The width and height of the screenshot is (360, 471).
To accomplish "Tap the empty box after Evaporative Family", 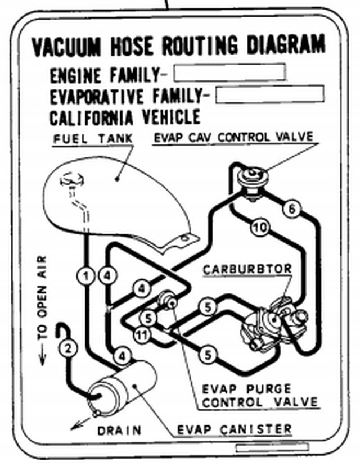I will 269,94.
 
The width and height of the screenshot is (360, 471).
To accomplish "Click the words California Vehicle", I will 125,117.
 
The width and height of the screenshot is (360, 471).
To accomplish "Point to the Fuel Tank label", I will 93,138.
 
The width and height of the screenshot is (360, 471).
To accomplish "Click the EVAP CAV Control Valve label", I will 233,138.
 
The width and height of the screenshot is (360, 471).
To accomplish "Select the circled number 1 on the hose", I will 85,275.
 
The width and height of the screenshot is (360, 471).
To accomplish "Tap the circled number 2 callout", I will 68,348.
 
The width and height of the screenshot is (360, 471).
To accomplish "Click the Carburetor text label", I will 248,269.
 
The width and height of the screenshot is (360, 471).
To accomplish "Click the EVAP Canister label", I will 235,430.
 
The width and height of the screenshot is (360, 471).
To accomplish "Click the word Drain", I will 119,431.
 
